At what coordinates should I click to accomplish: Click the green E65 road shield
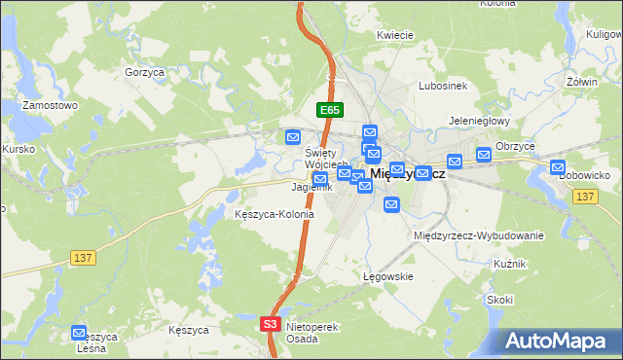click(x=328, y=111)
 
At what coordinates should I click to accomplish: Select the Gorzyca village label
click(x=143, y=72)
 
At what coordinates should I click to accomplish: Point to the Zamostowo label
click(x=50, y=105)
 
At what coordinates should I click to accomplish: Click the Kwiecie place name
click(x=396, y=35)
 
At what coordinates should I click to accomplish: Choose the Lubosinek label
click(x=443, y=86)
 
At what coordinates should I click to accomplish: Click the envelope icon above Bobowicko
click(x=558, y=166)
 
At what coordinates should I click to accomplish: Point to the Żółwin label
click(x=581, y=82)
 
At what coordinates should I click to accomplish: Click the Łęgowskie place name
click(x=389, y=276)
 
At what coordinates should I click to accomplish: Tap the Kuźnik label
click(x=509, y=264)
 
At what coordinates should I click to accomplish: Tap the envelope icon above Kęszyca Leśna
click(x=79, y=333)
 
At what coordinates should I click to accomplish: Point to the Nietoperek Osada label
click(x=312, y=333)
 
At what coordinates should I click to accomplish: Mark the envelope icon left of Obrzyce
click(x=484, y=154)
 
